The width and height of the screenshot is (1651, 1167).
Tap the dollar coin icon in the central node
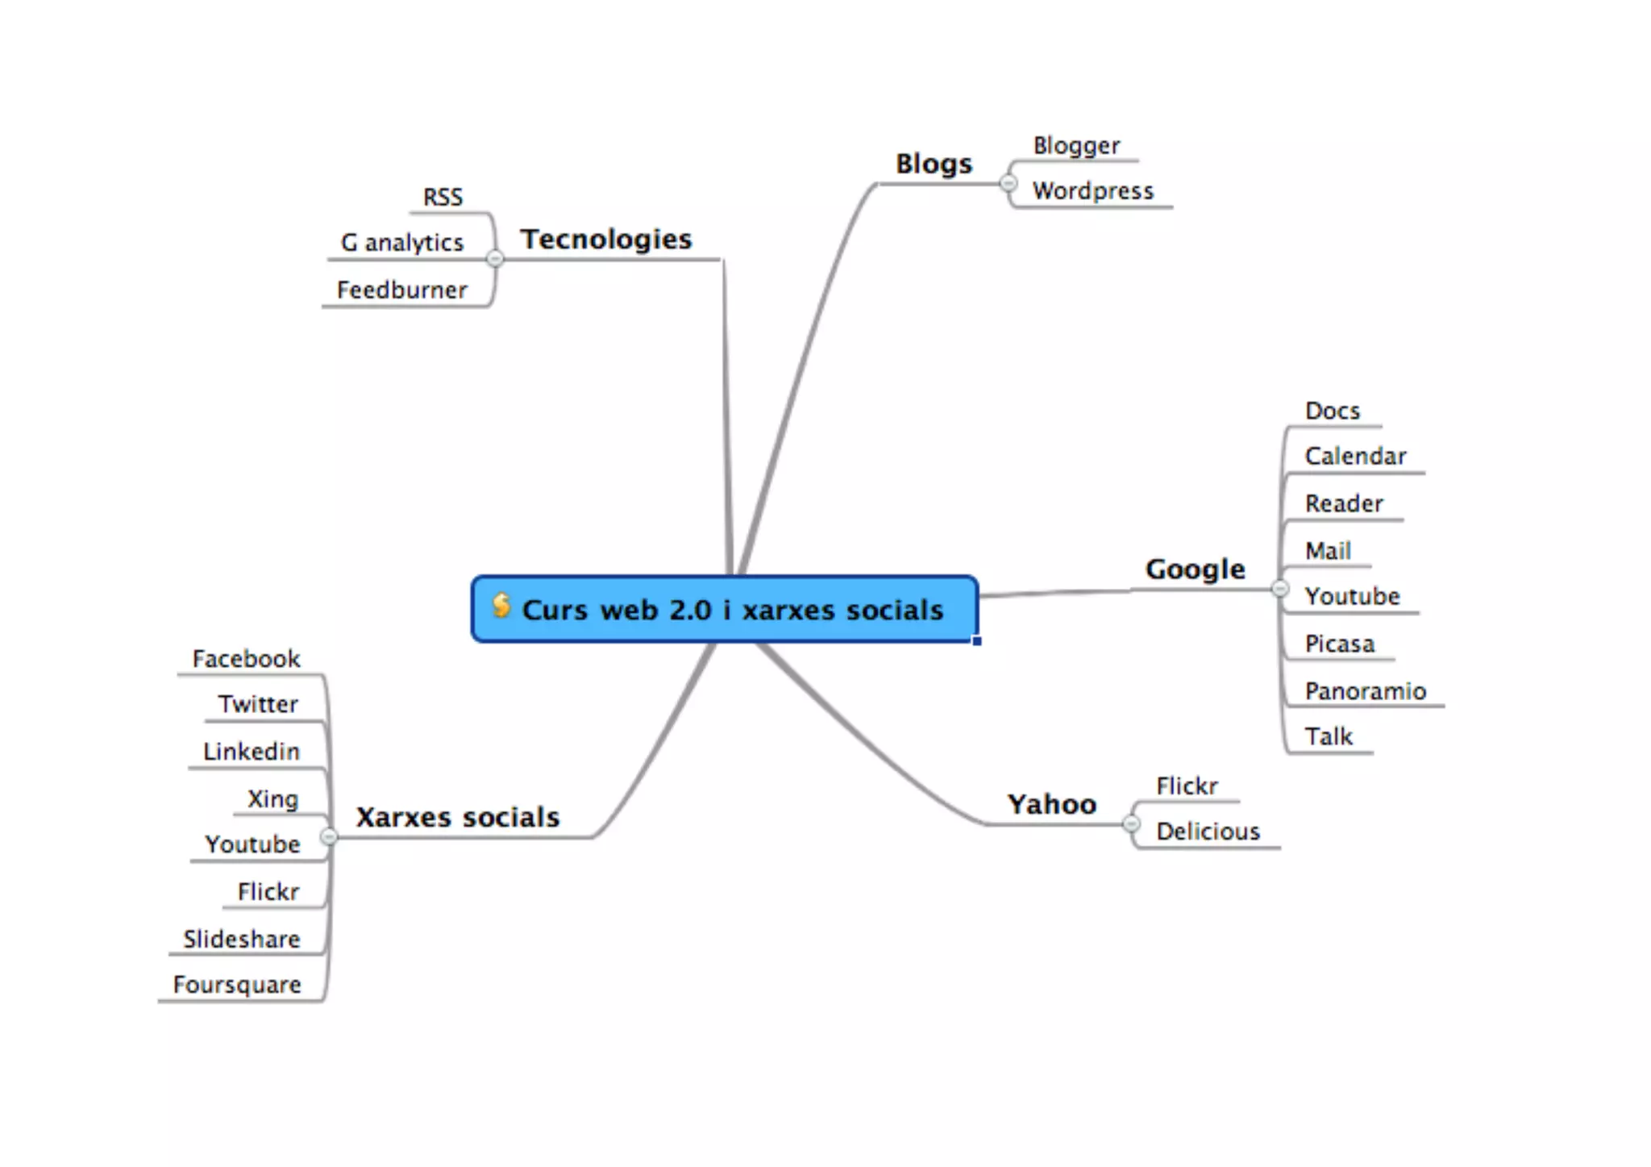pyautogui.click(x=501, y=604)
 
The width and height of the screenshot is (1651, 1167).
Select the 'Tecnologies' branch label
pyautogui.click(x=606, y=239)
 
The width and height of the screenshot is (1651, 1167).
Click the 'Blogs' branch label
pyautogui.click(x=934, y=164)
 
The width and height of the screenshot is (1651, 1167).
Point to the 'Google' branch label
pyautogui.click(x=1195, y=569)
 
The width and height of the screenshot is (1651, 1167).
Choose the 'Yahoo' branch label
pyautogui.click(x=1052, y=804)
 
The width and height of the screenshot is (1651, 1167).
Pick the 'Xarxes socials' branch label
pyautogui.click(x=458, y=817)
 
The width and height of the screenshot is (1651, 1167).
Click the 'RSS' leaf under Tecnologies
pyautogui.click(x=443, y=198)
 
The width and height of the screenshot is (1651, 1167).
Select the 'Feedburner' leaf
pyautogui.click(x=401, y=290)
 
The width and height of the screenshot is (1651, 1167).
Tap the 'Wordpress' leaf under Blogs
pyautogui.click(x=1093, y=191)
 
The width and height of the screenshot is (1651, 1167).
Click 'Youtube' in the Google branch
pyautogui.click(x=1352, y=597)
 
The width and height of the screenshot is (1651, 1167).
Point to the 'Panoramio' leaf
pyautogui.click(x=1365, y=691)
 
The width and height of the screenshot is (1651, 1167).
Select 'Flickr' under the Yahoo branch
pyautogui.click(x=1187, y=786)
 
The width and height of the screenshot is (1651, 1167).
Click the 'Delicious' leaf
pyautogui.click(x=1208, y=831)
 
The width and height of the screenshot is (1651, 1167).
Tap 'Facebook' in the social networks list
pyautogui.click(x=246, y=659)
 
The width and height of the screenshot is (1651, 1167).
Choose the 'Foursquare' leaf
pyautogui.click(x=237, y=985)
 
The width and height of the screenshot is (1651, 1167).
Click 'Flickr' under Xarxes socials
pyautogui.click(x=268, y=892)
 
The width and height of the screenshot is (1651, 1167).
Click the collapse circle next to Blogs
pyautogui.click(x=1008, y=184)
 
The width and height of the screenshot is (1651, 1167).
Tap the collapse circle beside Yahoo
pyautogui.click(x=1131, y=823)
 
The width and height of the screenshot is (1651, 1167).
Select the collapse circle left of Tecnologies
pyautogui.click(x=495, y=258)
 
